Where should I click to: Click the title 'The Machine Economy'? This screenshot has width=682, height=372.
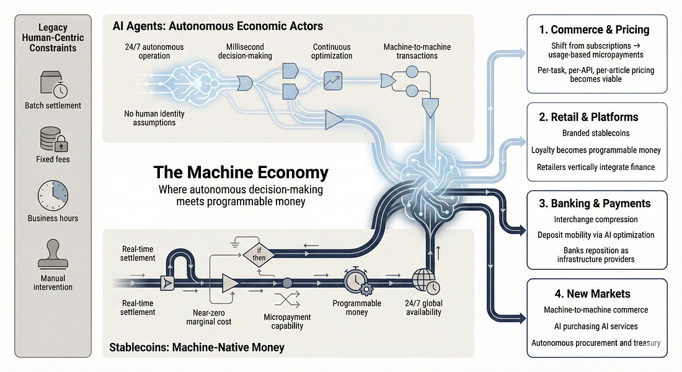coord(241,172)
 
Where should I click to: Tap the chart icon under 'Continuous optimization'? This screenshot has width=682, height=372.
coord(333,79)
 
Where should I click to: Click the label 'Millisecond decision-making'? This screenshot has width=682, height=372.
coord(247,51)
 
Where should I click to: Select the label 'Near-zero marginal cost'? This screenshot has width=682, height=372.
coord(208,317)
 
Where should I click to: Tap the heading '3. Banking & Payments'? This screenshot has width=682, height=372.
coord(596,203)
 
